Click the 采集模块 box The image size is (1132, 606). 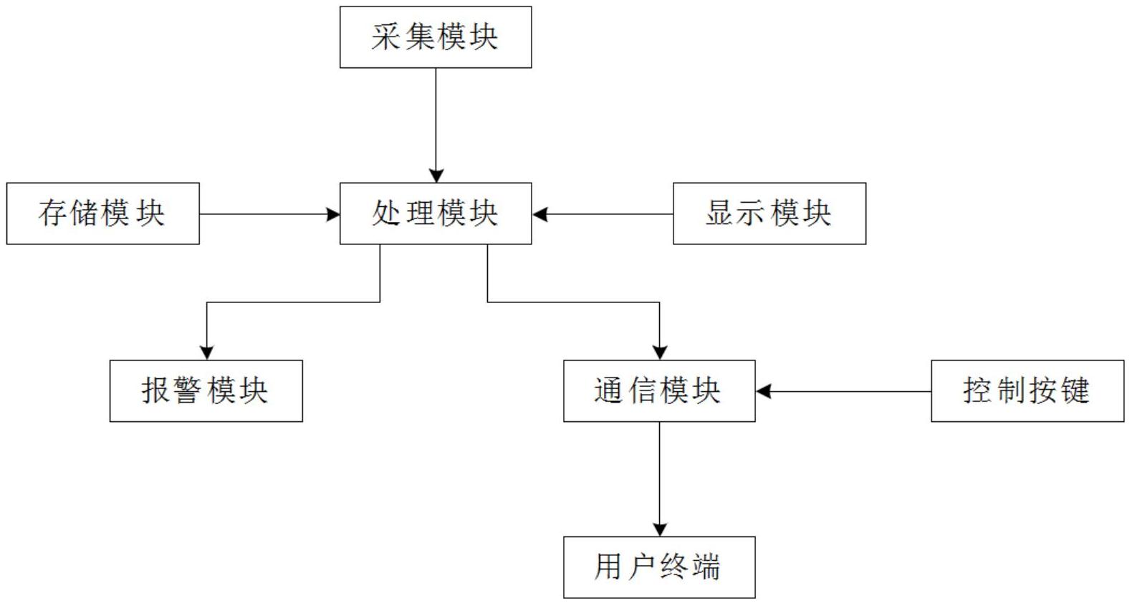point(436,37)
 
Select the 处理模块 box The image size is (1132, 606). point(436,213)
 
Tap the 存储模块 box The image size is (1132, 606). point(102,213)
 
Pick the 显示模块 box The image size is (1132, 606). point(769,213)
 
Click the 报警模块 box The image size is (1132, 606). point(206,391)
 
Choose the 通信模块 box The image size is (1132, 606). point(659,391)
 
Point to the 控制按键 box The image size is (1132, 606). point(1027,391)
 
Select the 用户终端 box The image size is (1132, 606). point(659,567)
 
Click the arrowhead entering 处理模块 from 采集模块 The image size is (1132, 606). point(436,175)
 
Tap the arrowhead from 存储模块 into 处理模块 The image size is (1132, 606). point(332,214)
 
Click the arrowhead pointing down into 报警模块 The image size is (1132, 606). point(206,352)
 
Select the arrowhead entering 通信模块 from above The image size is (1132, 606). point(659,352)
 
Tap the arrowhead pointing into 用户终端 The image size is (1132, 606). point(659,529)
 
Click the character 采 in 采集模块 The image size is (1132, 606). point(385,37)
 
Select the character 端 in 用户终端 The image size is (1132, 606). point(707,567)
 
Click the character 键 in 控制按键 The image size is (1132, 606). point(1076,391)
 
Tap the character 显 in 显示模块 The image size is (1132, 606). point(719,213)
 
